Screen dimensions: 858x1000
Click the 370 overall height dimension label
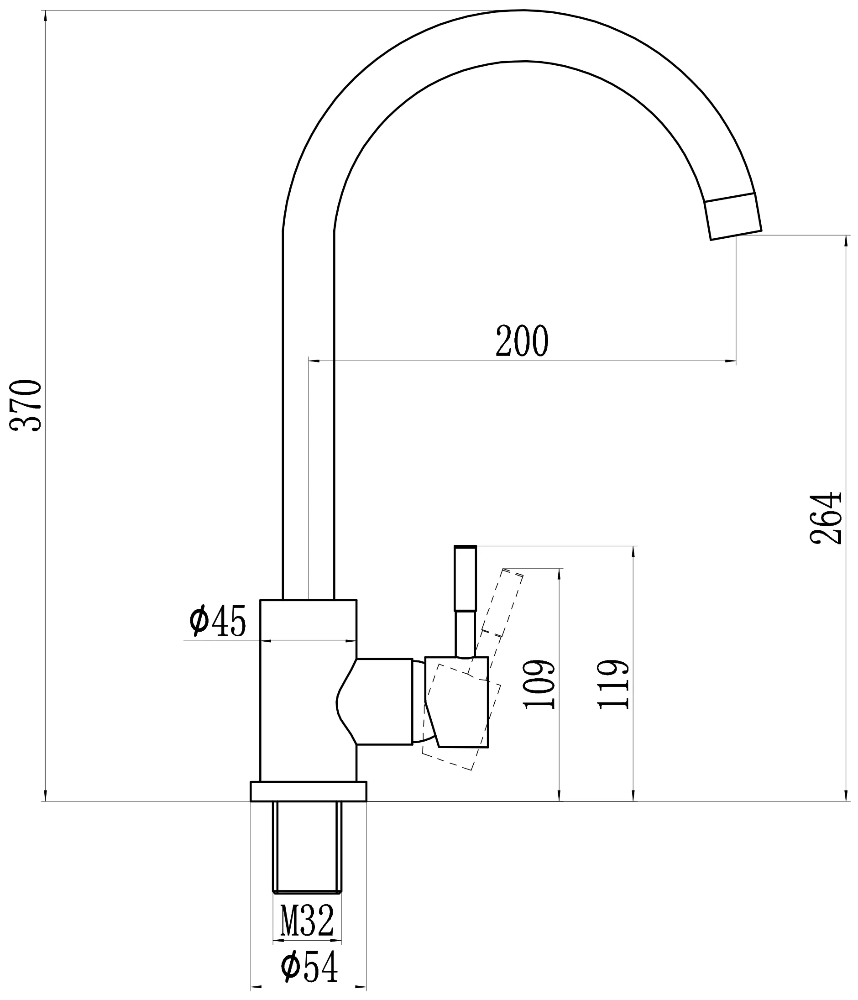pos(26,405)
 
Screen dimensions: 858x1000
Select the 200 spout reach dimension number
pos(522,341)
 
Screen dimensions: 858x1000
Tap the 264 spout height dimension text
pos(826,518)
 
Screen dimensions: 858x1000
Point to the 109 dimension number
pos(539,684)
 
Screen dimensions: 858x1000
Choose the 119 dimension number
pos(613,684)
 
